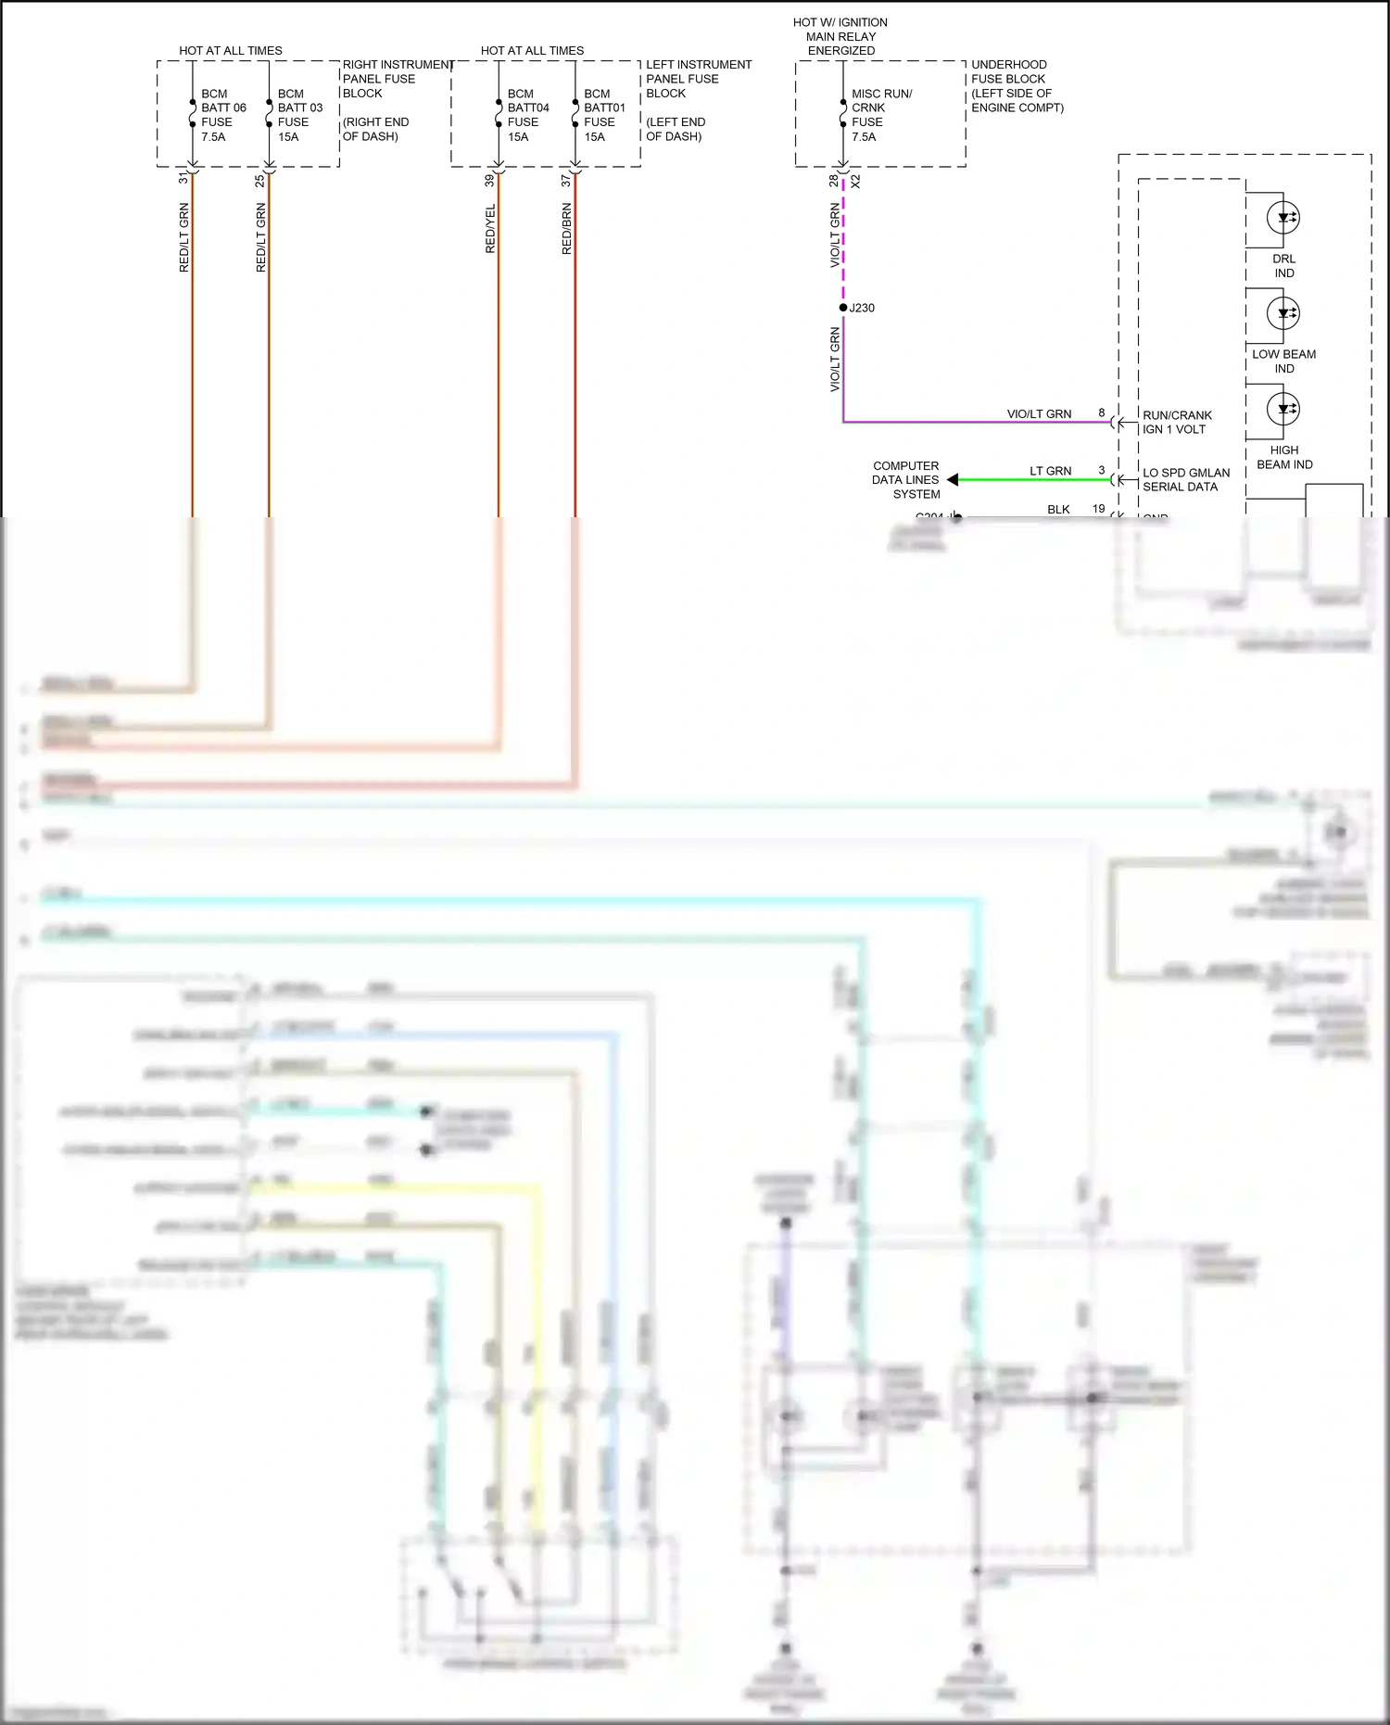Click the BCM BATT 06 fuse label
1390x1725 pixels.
tap(222, 115)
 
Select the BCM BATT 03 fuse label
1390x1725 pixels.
tap(299, 115)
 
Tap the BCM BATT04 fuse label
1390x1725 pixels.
tap(527, 115)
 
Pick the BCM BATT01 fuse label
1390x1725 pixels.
tap(604, 115)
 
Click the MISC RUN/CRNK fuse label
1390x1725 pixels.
tap(880, 115)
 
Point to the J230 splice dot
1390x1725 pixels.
tap(843, 308)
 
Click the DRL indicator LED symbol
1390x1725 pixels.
tap(1283, 218)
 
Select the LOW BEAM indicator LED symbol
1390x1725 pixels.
tap(1283, 313)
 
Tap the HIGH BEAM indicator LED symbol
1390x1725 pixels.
tap(1283, 409)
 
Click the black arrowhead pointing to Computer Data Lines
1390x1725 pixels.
tap(953, 479)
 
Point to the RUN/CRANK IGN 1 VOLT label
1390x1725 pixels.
tap(1177, 422)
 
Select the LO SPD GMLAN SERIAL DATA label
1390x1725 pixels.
tap(1186, 479)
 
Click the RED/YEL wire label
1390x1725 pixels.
tap(490, 229)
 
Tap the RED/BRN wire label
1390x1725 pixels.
tap(566, 229)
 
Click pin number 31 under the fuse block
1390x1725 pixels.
tap(183, 178)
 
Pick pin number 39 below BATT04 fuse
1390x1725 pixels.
tap(489, 181)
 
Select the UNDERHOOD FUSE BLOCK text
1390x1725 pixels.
tap(1017, 86)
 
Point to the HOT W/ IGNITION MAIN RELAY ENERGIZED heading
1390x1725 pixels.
tap(840, 36)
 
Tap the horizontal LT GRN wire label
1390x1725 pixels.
tap(1050, 471)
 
